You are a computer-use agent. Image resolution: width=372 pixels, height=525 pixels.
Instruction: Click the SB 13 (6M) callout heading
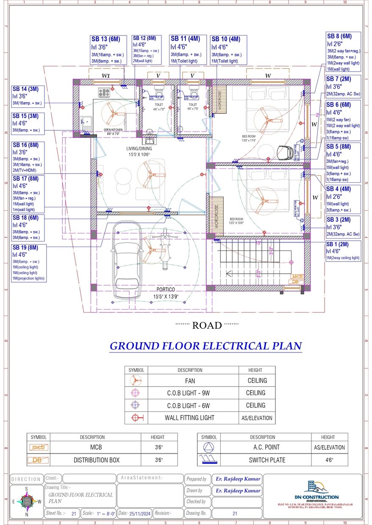106,39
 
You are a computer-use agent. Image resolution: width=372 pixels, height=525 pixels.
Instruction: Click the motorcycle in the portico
166,250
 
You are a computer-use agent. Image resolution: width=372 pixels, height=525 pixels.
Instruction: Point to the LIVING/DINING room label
139,149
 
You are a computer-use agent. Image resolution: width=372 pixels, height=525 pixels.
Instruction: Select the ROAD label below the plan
207,325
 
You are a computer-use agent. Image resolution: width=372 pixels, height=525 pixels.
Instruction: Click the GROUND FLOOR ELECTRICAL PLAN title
205,346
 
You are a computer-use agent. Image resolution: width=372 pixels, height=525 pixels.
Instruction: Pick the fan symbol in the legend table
136,381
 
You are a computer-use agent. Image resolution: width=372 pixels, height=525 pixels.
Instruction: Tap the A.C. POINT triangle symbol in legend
208,447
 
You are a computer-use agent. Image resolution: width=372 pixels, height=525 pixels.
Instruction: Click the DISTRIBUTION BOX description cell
96,460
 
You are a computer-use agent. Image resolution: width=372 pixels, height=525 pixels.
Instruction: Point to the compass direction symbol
27,502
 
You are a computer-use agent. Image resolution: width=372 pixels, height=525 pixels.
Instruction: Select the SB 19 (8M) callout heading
25,247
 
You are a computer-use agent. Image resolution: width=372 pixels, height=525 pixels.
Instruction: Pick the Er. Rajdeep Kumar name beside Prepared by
237,479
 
